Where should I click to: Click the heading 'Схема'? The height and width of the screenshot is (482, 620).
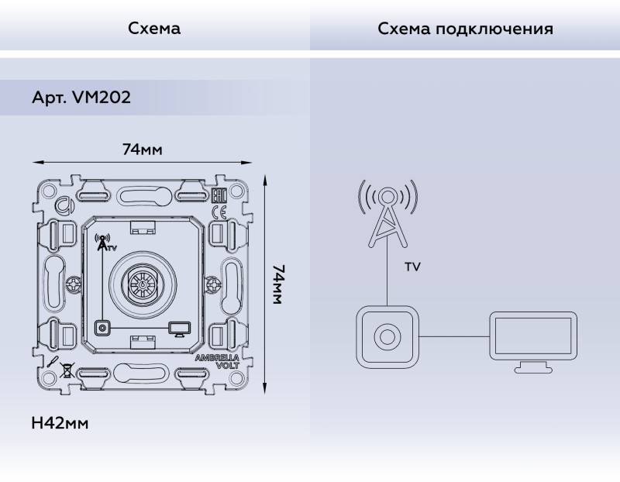pyautogui.click(x=154, y=29)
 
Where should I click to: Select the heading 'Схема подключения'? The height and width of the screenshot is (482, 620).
pyautogui.click(x=465, y=29)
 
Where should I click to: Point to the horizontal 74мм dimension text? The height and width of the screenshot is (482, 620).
pyautogui.click(x=142, y=149)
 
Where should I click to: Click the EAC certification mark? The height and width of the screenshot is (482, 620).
pyautogui.click(x=219, y=196)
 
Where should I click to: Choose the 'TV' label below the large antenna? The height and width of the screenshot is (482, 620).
pyautogui.click(x=412, y=267)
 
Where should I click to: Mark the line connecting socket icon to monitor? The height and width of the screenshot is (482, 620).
pyautogui.click(x=454, y=336)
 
